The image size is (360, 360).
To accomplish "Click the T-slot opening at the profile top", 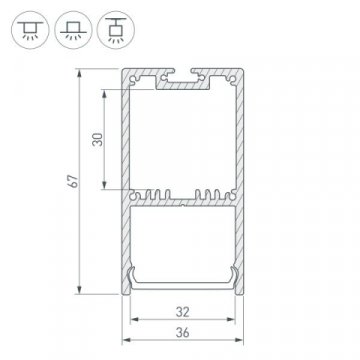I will tap(180, 75).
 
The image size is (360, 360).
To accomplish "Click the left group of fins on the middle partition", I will tap(155, 190).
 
